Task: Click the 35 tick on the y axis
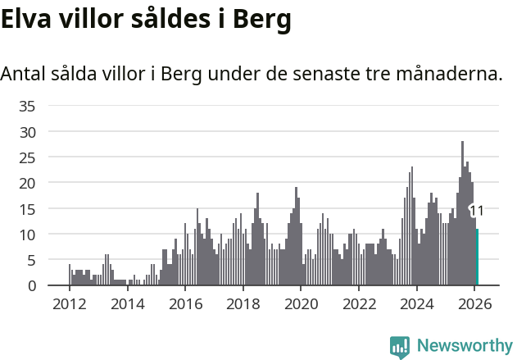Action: [x=27, y=106]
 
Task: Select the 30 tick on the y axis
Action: [x=27, y=131]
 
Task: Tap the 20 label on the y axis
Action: [x=27, y=183]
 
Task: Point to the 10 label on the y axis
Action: [x=27, y=235]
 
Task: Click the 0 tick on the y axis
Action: [x=31, y=285]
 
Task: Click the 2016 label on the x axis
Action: [x=185, y=303]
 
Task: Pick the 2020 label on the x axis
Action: [x=301, y=303]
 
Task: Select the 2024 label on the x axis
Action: [x=416, y=303]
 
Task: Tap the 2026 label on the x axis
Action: [x=474, y=303]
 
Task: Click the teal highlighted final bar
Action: [x=477, y=257]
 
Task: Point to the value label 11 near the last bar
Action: [x=477, y=211]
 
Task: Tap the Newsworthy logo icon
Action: [x=400, y=347]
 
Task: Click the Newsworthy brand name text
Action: [x=465, y=346]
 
